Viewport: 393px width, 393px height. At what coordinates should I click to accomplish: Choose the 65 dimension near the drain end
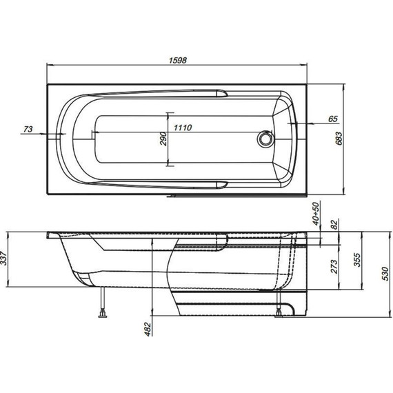pos(332,119)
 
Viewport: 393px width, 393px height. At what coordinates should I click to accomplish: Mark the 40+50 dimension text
pos(316,214)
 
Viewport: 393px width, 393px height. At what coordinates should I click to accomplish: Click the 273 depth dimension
pos(334,268)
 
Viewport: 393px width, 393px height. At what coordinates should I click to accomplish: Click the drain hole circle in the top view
pos(264,139)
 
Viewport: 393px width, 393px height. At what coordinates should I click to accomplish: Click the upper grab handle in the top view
pos(222,92)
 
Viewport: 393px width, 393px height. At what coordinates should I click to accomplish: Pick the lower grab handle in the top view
pos(222,183)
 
